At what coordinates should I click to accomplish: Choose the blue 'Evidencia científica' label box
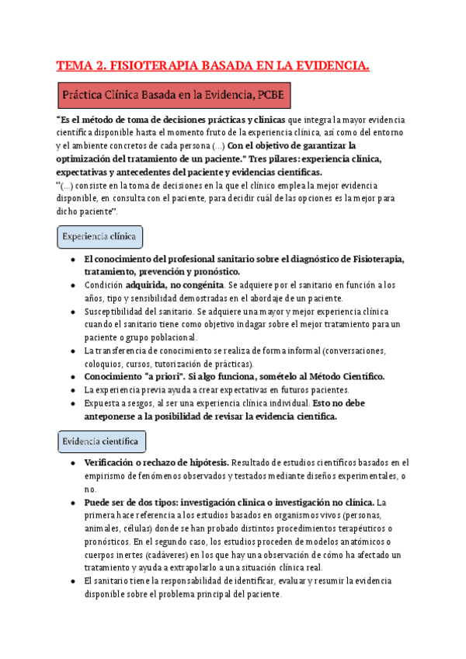click(x=101, y=442)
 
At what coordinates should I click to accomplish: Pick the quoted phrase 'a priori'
click(x=168, y=377)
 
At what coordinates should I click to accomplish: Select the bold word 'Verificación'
click(x=113, y=462)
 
